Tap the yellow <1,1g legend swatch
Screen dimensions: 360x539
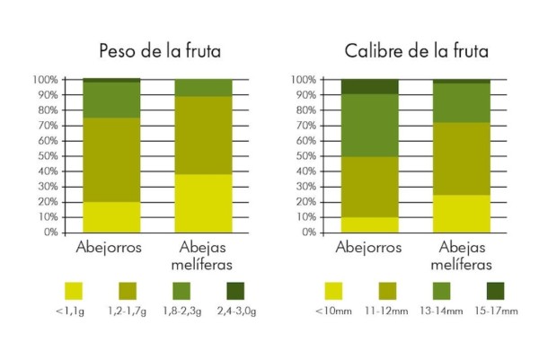(x=74, y=290)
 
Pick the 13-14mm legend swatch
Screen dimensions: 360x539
(x=441, y=290)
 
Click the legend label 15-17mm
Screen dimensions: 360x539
(x=497, y=312)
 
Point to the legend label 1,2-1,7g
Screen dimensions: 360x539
(x=128, y=312)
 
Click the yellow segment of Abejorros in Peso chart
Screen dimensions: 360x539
(x=111, y=216)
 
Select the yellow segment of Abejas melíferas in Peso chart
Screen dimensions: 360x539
(x=202, y=203)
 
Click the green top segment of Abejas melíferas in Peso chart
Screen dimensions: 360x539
(x=202, y=88)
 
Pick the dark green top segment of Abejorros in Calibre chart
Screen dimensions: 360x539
(x=369, y=87)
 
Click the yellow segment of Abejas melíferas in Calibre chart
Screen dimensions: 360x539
(x=461, y=213)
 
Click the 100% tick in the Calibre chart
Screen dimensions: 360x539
(x=302, y=80)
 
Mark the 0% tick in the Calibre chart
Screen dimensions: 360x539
(x=306, y=233)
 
